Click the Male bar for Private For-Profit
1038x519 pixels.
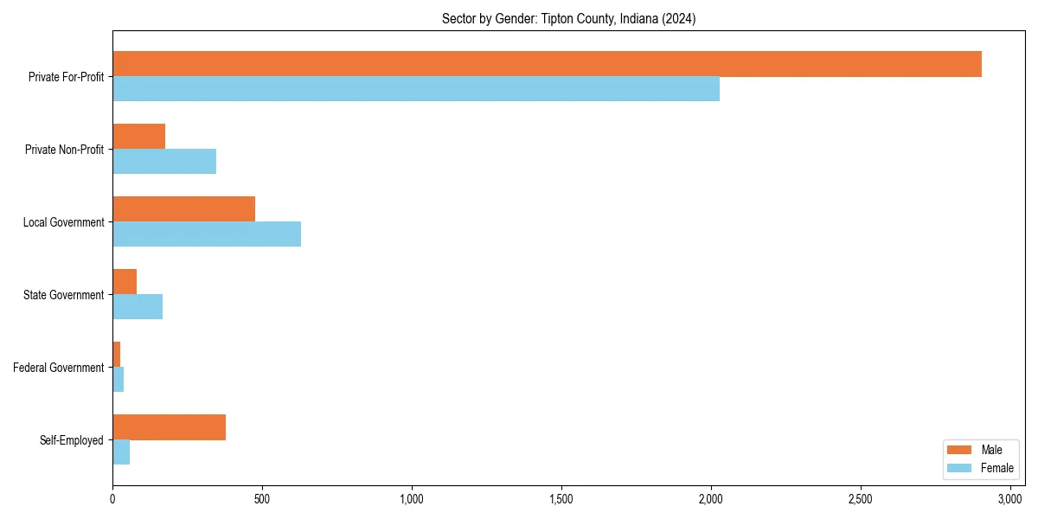(547, 64)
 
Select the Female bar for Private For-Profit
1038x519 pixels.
(416, 89)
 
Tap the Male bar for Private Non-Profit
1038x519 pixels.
(138, 137)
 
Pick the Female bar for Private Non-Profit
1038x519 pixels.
(164, 162)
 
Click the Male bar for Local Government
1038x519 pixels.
(183, 209)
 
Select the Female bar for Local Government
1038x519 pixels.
(207, 234)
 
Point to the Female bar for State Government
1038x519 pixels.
(138, 307)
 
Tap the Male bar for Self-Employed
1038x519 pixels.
(169, 427)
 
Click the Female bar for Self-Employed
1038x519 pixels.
(121, 452)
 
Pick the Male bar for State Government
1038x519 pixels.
(125, 282)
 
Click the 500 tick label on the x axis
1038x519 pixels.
(262, 499)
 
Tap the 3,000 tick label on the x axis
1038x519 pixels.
(1009, 499)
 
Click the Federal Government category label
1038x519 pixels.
(59, 368)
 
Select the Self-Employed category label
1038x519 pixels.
(72, 440)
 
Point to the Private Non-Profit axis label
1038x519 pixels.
(65, 150)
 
